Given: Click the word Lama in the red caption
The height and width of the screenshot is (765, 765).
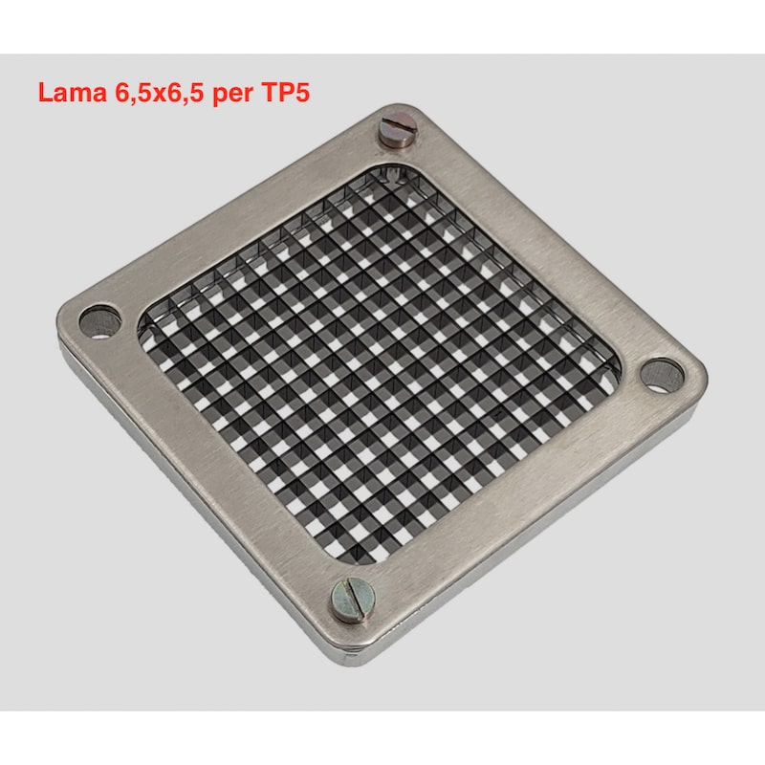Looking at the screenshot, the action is point(73,92).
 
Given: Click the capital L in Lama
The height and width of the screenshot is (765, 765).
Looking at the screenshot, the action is point(45,92).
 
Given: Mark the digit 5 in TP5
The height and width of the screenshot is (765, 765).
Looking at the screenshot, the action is point(302,92).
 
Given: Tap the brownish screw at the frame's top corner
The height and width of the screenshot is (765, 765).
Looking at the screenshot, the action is point(398,129).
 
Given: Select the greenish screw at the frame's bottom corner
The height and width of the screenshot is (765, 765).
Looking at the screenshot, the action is point(352,600).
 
